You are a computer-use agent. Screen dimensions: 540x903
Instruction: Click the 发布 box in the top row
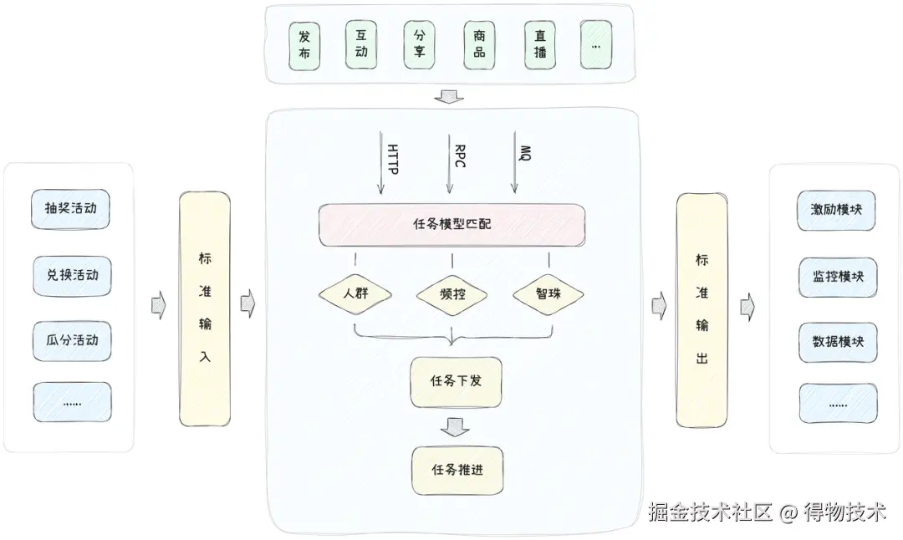pyautogui.click(x=304, y=45)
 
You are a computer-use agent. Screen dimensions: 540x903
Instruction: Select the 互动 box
pyautogui.click(x=361, y=44)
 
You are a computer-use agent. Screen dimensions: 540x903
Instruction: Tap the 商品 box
pyautogui.click(x=479, y=45)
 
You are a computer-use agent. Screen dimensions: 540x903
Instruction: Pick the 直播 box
pyautogui.click(x=540, y=45)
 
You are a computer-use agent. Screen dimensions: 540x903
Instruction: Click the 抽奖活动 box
pyautogui.click(x=71, y=209)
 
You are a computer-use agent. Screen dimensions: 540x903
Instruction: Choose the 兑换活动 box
pyautogui.click(x=71, y=275)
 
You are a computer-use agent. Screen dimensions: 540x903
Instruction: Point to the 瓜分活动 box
pyautogui.click(x=71, y=341)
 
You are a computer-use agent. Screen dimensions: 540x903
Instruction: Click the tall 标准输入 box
pyautogui.click(x=205, y=309)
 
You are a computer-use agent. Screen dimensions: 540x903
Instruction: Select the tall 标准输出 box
pyautogui.click(x=701, y=309)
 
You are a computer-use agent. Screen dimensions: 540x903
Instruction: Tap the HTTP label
pyautogui.click(x=392, y=159)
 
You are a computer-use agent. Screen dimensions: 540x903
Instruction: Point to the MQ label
pyautogui.click(x=525, y=152)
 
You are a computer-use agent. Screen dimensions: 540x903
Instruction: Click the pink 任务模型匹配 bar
pyautogui.click(x=451, y=224)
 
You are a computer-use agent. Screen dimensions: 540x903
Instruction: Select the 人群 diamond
pyautogui.click(x=355, y=294)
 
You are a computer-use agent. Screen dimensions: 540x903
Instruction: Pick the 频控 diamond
pyautogui.click(x=451, y=294)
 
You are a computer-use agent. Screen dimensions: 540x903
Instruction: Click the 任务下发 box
pyautogui.click(x=456, y=382)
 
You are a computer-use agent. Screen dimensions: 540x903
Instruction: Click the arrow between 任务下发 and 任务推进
pyautogui.click(x=456, y=426)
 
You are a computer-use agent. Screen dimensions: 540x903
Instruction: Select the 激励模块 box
pyautogui.click(x=837, y=209)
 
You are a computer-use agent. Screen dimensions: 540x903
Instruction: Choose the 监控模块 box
pyautogui.click(x=837, y=276)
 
